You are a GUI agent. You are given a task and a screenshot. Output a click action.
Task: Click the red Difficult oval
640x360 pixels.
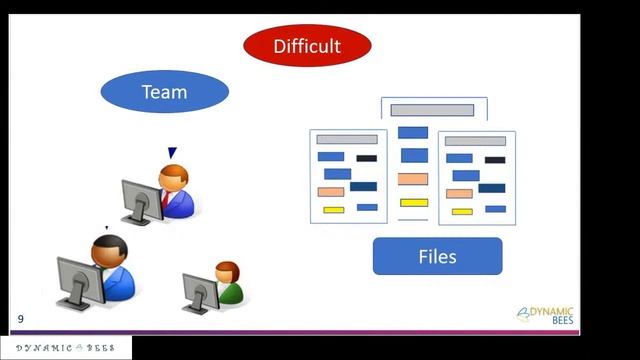[x=308, y=45]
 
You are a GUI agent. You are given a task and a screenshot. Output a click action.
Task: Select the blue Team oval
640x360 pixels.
[x=165, y=93]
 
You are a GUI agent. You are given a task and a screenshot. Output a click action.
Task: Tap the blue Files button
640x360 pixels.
[x=437, y=257]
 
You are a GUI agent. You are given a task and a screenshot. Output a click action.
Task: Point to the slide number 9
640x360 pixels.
[x=20, y=319]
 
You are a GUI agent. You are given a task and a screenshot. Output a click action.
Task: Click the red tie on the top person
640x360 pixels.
[x=166, y=197]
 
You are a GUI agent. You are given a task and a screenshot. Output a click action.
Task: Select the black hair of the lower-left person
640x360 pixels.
[x=108, y=243]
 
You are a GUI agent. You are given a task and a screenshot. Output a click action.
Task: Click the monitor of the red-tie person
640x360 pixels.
[x=139, y=200]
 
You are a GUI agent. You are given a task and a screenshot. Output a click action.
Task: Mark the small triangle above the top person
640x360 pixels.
[x=172, y=152]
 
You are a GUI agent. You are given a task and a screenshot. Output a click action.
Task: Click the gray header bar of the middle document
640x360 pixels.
[x=432, y=110]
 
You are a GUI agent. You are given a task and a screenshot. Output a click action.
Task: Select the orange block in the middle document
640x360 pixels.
[x=413, y=179]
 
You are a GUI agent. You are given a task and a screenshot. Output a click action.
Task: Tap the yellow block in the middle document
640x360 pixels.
[x=413, y=203]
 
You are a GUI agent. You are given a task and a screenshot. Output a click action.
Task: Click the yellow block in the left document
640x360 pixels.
[x=333, y=210]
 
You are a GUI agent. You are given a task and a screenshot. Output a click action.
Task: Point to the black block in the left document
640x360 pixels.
[x=366, y=158]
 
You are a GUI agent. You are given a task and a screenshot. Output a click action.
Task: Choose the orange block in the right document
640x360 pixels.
[x=459, y=194]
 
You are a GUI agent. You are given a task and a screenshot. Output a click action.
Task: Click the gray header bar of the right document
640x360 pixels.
[x=475, y=141]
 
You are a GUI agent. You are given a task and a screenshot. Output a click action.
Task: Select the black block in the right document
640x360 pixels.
[x=494, y=159]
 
